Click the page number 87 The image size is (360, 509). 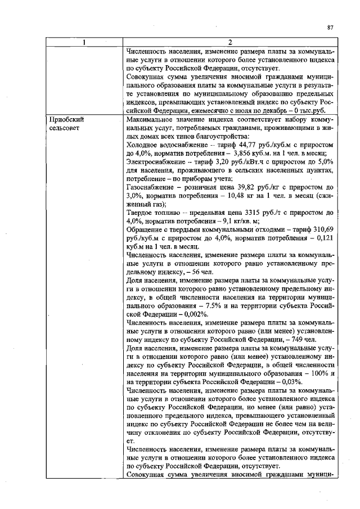coord(330,26)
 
